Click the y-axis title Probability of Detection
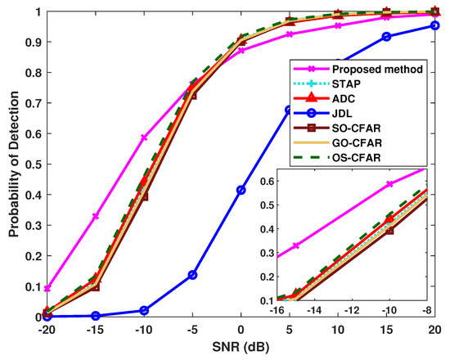[x=13, y=164]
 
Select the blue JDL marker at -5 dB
[x=193, y=275]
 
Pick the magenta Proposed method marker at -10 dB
[x=144, y=137]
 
